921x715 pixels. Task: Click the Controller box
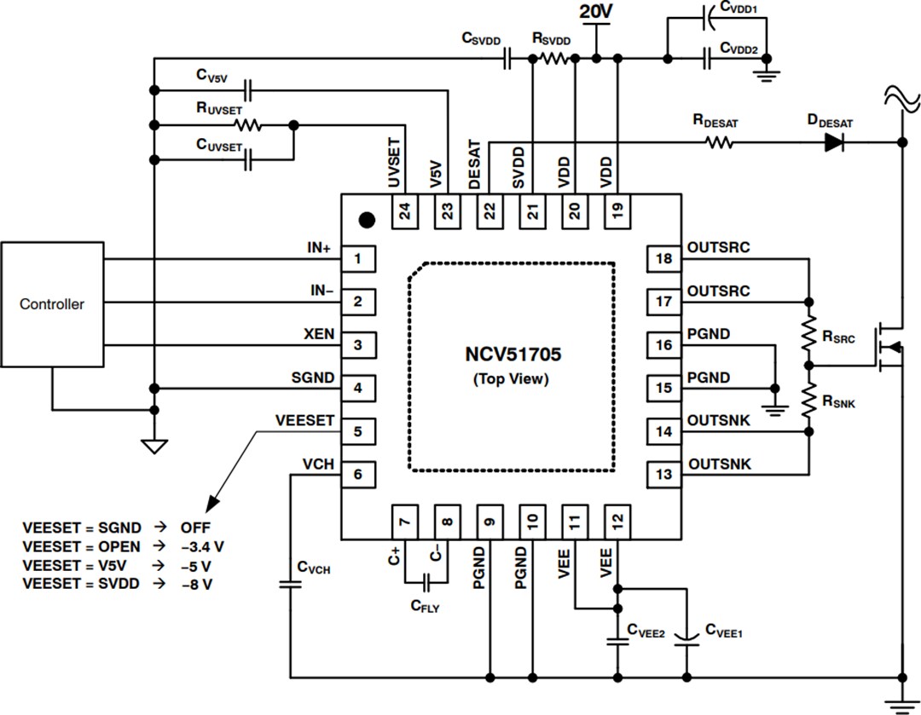(52, 304)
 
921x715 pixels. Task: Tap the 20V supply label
(595, 12)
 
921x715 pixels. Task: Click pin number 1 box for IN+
(358, 258)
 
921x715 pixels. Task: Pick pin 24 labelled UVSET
(404, 210)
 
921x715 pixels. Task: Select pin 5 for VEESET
(358, 431)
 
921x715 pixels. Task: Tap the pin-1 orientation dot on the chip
(367, 220)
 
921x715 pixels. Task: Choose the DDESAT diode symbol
(835, 142)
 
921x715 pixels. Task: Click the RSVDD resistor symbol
(552, 59)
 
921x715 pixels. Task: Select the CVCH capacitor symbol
(291, 584)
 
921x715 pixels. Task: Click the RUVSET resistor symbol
(249, 125)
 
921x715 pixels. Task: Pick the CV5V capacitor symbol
(248, 88)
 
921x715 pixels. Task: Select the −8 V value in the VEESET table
(197, 585)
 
